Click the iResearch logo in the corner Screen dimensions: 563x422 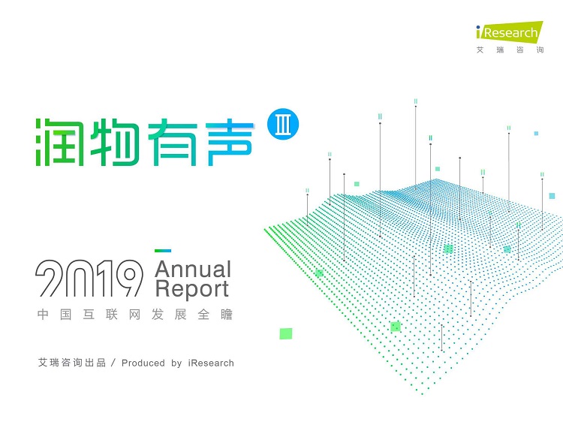point(510,32)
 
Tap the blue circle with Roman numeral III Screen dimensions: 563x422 point(283,124)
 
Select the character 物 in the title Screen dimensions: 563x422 point(115,142)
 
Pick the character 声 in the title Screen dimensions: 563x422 point(229,142)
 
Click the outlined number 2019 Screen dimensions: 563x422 point(89,278)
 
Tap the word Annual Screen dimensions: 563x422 point(193,270)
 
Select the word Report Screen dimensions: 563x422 point(192,289)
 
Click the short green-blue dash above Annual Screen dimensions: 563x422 point(163,251)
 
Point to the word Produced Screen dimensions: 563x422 point(143,363)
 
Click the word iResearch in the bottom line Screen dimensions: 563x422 point(211,363)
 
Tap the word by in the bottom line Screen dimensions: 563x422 point(176,363)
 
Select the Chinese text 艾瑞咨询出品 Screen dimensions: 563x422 point(72,363)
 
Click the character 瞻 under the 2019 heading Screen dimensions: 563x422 point(227,315)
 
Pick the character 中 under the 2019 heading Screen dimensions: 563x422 point(43,315)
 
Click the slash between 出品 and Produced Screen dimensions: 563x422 point(113,363)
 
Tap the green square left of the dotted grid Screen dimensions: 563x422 point(286,333)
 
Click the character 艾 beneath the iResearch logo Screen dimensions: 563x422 point(480,50)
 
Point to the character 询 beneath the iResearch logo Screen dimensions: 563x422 point(540,50)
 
